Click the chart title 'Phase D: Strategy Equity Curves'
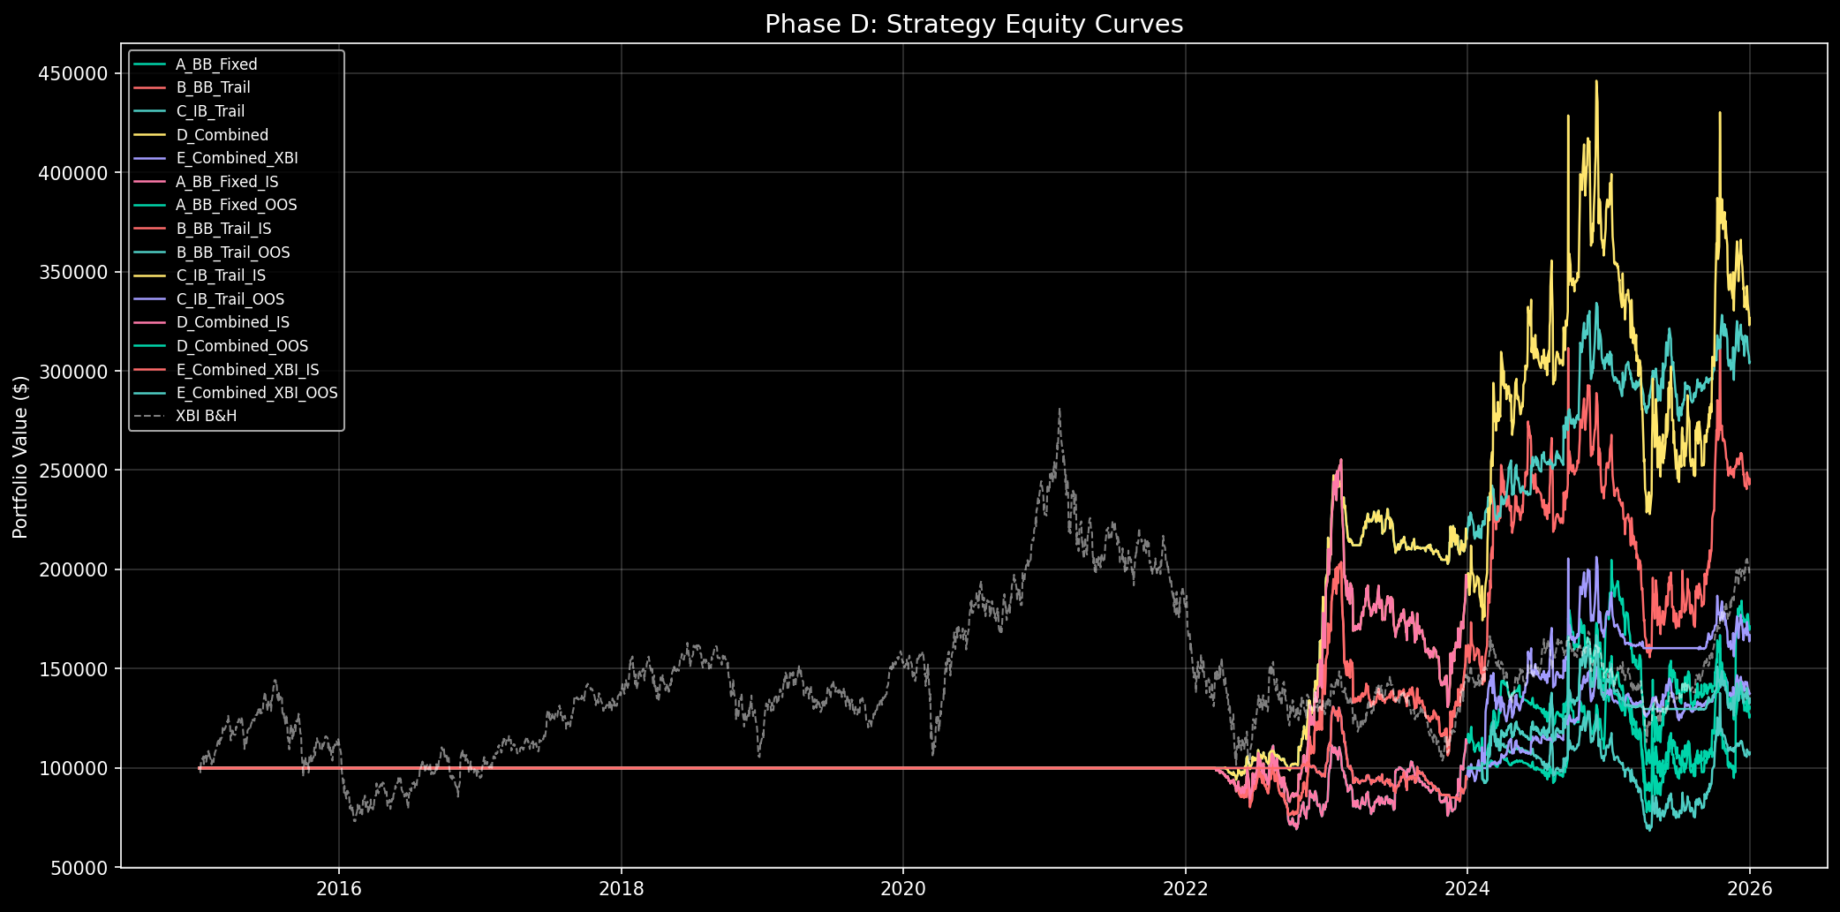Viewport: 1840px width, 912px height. (973, 24)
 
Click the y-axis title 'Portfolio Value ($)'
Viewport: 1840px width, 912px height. (21, 456)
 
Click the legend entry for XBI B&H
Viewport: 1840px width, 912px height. (206, 416)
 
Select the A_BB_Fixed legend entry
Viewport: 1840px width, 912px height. (216, 64)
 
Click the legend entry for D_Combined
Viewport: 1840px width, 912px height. (222, 135)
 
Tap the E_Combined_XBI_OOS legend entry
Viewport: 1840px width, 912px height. (256, 393)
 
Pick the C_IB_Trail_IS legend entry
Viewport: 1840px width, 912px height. (221, 275)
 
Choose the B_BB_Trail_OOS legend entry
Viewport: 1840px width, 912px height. (232, 252)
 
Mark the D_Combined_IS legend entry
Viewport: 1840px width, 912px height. (232, 322)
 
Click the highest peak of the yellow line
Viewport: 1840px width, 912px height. (1595, 81)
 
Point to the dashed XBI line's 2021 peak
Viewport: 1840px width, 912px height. (1059, 409)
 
